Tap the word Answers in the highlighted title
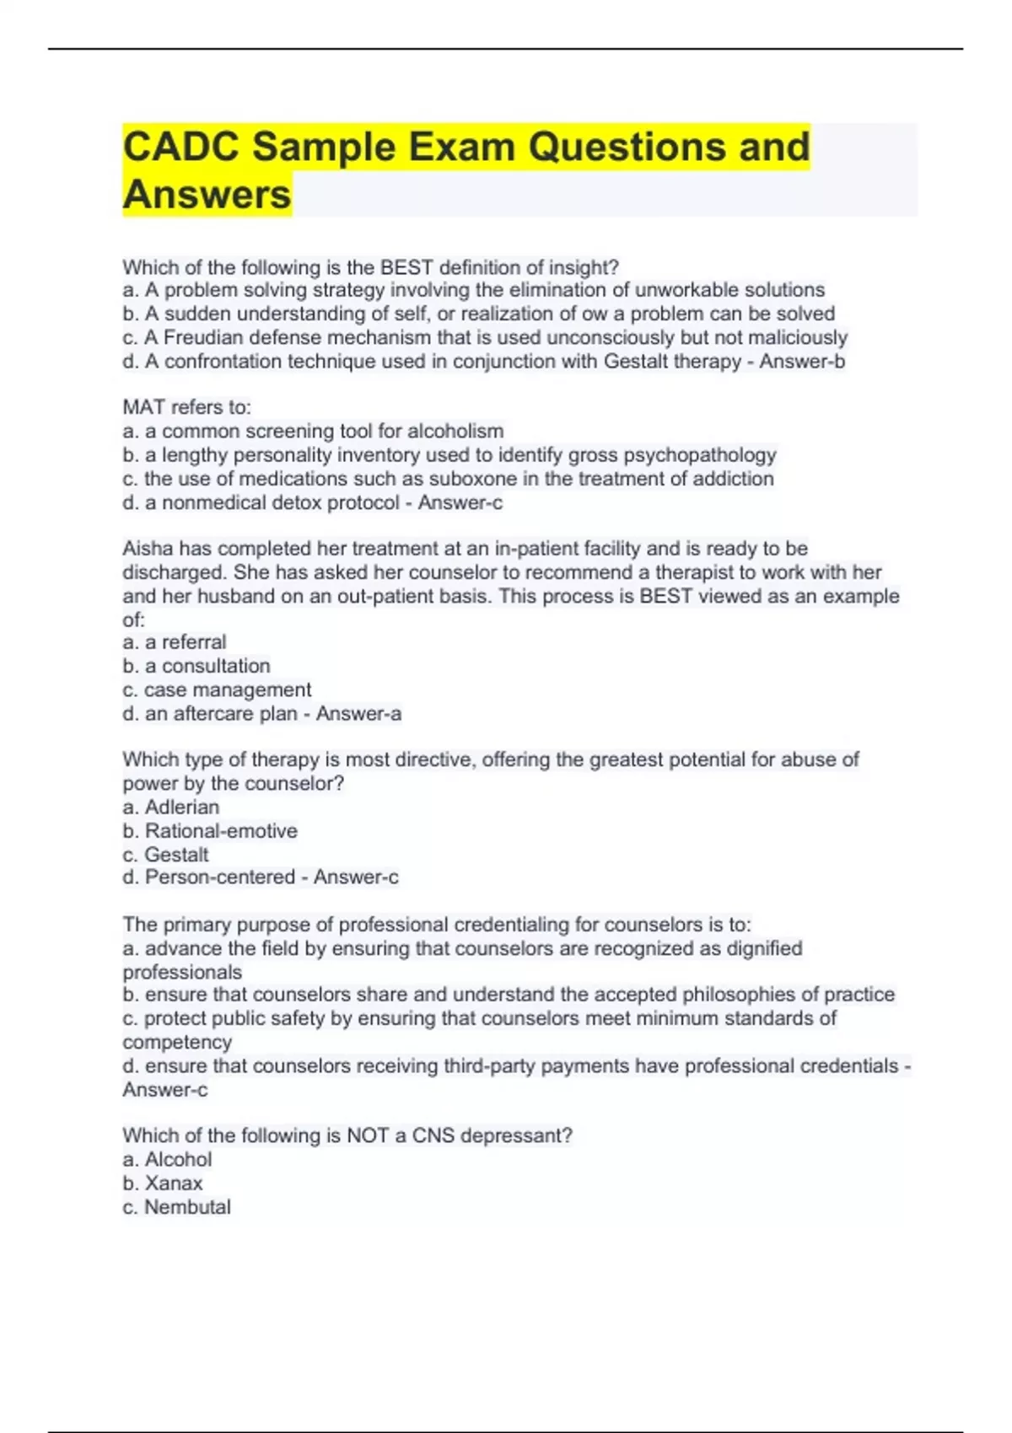coord(207,195)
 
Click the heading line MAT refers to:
coord(186,407)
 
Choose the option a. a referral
coord(174,642)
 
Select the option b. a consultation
coord(196,666)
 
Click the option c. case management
coord(217,690)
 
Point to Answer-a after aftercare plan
coord(358,714)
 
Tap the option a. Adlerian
coord(170,807)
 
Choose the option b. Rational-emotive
coord(210,831)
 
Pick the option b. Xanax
coord(163,1183)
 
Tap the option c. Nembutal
coord(176,1207)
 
